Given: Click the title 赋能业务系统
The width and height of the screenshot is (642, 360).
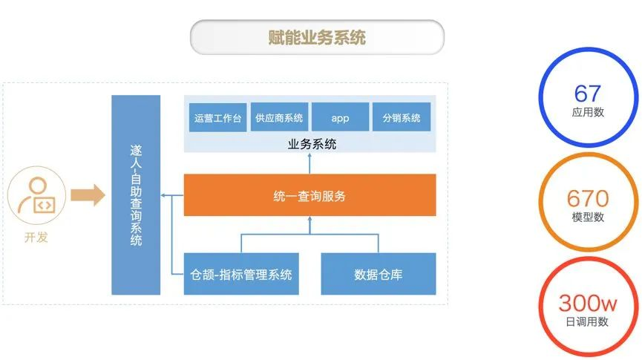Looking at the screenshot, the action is coord(317,37).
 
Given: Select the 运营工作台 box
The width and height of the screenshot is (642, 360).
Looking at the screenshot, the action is coord(217,118).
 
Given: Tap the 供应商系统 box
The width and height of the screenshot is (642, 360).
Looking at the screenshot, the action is coord(279,118).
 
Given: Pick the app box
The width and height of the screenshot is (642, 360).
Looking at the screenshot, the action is coord(340,118).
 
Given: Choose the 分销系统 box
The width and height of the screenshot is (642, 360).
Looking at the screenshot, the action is coord(402,118).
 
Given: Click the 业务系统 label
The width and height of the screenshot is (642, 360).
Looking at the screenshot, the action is coord(312,144).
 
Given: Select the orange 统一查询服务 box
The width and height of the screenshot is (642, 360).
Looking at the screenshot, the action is coord(309,196).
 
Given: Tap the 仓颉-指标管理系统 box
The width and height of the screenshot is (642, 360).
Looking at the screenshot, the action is coord(241,275).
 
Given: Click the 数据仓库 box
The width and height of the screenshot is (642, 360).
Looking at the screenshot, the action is coord(379,275).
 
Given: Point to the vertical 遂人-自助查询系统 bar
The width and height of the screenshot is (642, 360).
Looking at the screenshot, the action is coord(136,195).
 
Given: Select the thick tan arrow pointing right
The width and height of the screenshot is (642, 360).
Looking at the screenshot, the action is coord(90,196).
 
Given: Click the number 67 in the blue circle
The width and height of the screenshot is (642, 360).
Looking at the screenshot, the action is coord(588,93).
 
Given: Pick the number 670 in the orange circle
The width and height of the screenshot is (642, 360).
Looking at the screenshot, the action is coord(588,198).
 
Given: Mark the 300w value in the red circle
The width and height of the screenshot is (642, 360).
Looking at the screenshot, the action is coord(588,303).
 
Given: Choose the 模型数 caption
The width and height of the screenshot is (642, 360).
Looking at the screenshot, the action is coord(588,217).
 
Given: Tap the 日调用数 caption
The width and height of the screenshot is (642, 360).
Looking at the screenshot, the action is coord(588,321).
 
